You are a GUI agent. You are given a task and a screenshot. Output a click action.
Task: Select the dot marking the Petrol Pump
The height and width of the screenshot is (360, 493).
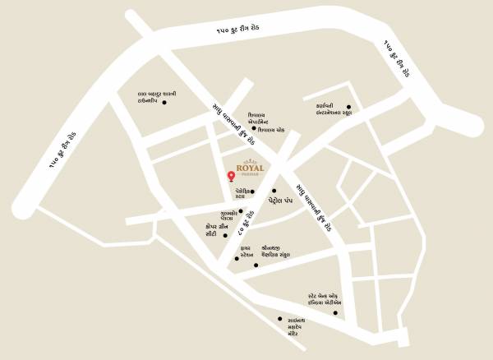tap(274, 191)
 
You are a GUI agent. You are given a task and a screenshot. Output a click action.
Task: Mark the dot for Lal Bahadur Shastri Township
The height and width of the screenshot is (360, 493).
tap(164, 103)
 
